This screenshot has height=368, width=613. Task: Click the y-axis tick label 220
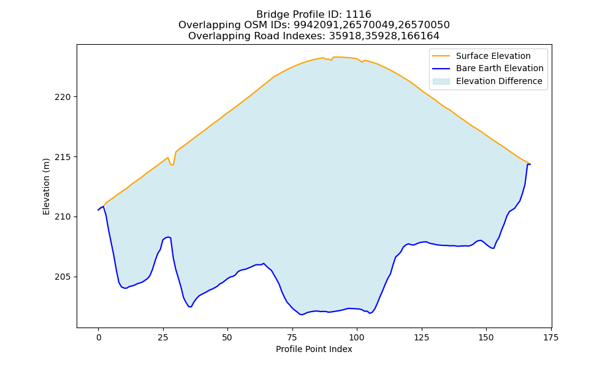pyautogui.click(x=63, y=97)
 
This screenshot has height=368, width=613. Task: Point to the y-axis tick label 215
pyautogui.click(x=63, y=157)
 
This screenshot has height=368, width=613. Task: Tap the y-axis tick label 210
pyautogui.click(x=63, y=217)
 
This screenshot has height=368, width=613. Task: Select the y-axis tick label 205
pyautogui.click(x=63, y=277)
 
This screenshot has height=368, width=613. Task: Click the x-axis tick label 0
pyautogui.click(x=99, y=337)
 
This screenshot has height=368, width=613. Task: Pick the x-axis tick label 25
pyautogui.click(x=163, y=337)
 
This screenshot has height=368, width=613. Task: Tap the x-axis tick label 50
pyautogui.click(x=227, y=337)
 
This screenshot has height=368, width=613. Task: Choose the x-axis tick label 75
pyautogui.click(x=292, y=337)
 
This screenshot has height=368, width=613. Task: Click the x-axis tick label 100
pyautogui.click(x=357, y=337)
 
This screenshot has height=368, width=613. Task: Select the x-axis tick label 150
pyautogui.click(x=486, y=337)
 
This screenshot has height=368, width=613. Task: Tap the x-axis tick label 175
pyautogui.click(x=550, y=337)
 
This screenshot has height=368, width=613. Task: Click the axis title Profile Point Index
pyautogui.click(x=314, y=349)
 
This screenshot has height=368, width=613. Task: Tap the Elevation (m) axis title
pyautogui.click(x=47, y=186)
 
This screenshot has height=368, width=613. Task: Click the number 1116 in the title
pyautogui.click(x=359, y=15)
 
